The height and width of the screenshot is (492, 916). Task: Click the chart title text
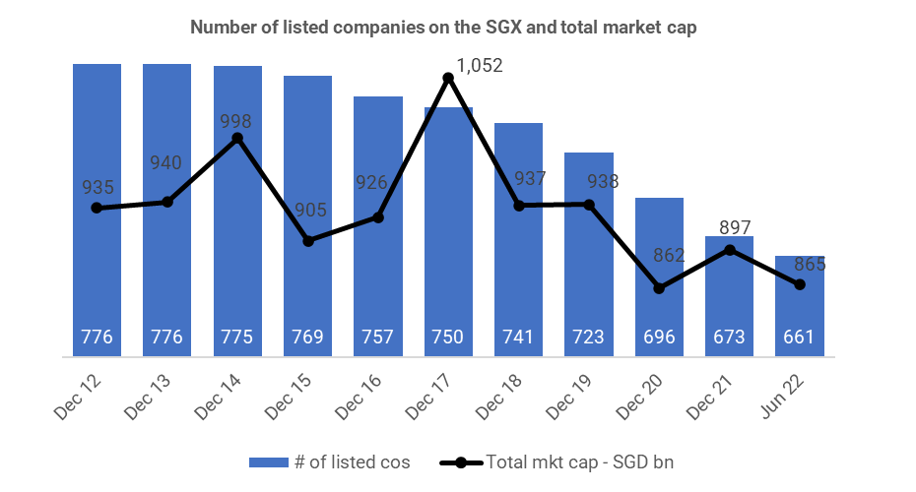pyautogui.click(x=443, y=28)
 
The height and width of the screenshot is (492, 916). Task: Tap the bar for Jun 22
pyautogui.click(x=799, y=305)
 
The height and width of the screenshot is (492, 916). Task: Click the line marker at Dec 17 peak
pyautogui.click(x=449, y=78)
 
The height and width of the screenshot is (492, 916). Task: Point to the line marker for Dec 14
pyautogui.click(x=237, y=139)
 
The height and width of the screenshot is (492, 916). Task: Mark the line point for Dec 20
pyautogui.click(x=659, y=288)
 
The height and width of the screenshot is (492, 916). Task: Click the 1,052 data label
pyautogui.click(x=480, y=66)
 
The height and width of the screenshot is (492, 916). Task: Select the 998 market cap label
pyautogui.click(x=236, y=122)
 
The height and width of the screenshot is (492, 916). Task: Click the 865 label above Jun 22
pyautogui.click(x=810, y=264)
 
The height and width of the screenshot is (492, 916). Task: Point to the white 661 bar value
pyautogui.click(x=799, y=338)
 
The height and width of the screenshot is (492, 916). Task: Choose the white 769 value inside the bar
pyautogui.click(x=307, y=338)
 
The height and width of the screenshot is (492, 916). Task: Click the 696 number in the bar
pyautogui.click(x=659, y=338)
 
